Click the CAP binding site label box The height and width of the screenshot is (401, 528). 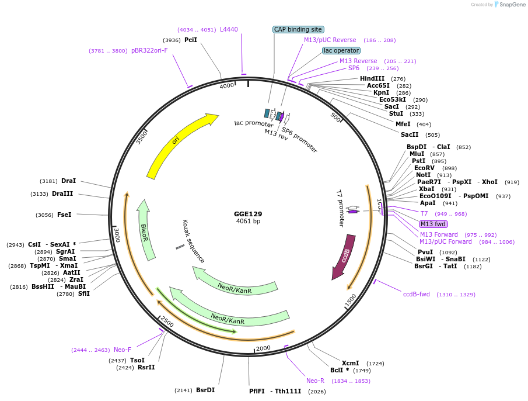point(298,29)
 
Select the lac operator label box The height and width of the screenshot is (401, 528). point(341,50)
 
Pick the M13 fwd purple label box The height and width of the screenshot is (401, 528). point(433,224)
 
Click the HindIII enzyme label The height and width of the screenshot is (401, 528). point(372,78)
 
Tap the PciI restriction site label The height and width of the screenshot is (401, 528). point(191,40)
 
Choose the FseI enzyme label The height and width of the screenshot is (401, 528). point(64,215)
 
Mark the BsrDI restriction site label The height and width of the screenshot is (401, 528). point(205,390)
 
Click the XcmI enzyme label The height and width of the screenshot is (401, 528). point(351,363)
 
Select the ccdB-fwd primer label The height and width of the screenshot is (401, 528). point(416,294)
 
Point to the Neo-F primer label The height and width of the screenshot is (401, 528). point(123,350)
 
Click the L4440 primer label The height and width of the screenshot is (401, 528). point(229,29)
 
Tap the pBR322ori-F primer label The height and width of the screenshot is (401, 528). point(149,50)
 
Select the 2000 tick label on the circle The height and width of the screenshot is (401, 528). point(264,348)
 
